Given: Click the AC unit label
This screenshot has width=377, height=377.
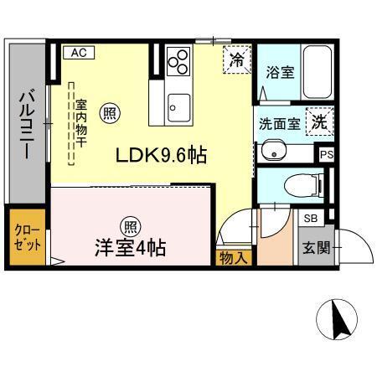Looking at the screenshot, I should click(78, 53).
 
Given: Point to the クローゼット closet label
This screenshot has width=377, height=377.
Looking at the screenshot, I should click(25, 239).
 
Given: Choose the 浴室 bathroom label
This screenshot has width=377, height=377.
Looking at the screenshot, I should click(279, 72).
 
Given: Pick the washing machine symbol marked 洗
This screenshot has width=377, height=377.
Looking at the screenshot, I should click(319, 121).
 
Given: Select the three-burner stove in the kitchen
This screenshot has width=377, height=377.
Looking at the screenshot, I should click(178, 61).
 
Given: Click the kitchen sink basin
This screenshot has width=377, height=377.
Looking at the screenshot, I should click(178, 107).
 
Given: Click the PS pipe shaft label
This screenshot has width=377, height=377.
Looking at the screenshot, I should click(327, 154).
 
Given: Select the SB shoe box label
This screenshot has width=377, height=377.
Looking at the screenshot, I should click(309, 218).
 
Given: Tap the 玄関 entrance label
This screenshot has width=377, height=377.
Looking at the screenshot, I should click(314, 248).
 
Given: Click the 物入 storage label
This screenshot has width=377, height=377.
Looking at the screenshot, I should click(234, 258).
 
